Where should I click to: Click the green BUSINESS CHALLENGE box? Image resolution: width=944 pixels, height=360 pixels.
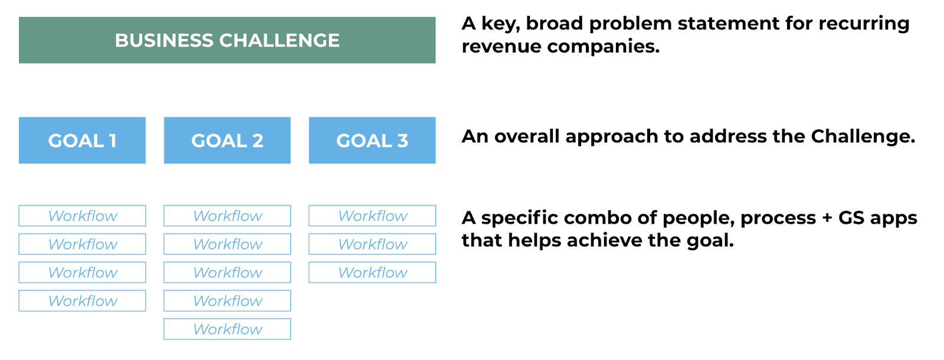pos(227,40)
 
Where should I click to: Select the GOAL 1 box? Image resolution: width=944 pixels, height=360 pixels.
pos(82,140)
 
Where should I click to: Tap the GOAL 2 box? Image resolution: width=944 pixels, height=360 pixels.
pos(227,140)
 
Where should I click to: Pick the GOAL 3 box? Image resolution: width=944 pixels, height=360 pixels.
pos(372,140)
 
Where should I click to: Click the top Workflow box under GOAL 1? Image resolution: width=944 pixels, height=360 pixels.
pos(82,216)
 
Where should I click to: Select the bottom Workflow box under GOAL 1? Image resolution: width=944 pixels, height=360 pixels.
pos(82,300)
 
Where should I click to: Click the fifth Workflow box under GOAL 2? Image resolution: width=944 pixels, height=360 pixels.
pos(227,329)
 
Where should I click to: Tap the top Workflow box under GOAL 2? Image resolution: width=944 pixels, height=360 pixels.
pos(227,216)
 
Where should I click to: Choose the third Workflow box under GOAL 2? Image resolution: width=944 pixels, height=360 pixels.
pos(227,272)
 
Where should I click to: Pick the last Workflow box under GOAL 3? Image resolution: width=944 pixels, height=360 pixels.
pos(372,272)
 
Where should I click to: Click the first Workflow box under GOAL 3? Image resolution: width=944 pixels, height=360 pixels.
pos(372,216)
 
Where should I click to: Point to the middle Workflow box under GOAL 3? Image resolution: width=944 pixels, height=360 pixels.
pos(372,244)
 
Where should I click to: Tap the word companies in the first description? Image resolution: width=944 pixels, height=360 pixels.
pos(603,47)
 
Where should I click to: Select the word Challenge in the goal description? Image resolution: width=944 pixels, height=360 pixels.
pos(863,137)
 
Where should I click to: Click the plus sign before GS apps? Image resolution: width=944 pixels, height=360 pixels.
pos(827,218)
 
